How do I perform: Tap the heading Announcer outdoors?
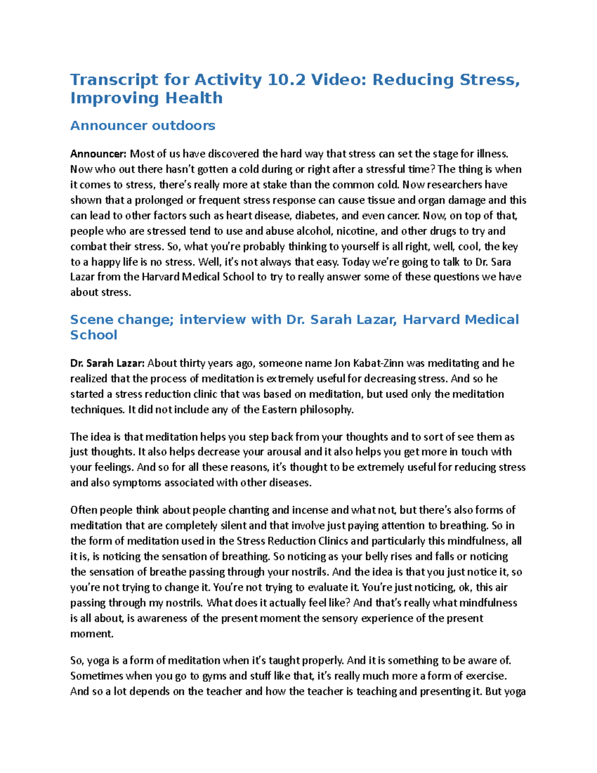coord(143,125)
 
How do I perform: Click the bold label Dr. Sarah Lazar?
coord(107,363)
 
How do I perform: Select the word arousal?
coord(283,452)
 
